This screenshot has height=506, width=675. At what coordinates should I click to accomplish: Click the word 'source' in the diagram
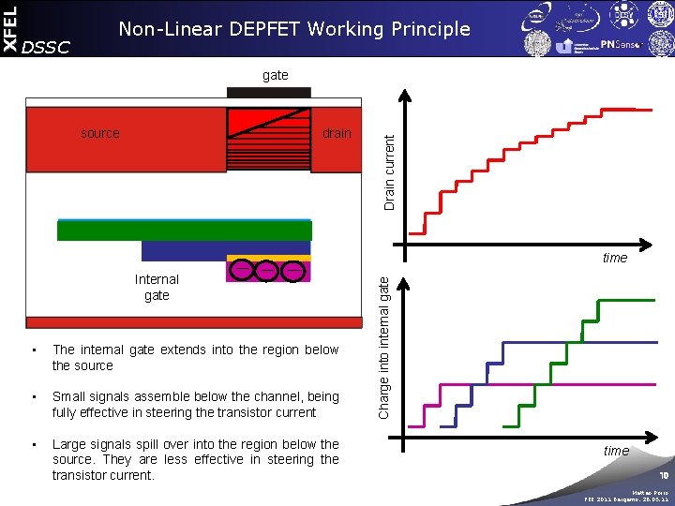tap(100, 133)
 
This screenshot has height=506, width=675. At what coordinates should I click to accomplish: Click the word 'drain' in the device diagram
tap(337, 133)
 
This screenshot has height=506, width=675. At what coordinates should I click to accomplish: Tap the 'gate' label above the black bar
tap(276, 75)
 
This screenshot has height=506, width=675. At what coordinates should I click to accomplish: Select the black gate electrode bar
tap(269, 93)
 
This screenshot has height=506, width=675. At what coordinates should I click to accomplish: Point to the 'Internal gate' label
tap(157, 287)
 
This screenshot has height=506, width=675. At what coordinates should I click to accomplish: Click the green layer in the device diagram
tap(185, 231)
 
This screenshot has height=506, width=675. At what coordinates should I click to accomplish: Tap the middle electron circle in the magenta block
tap(267, 271)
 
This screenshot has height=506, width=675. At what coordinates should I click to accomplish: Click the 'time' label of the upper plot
tap(615, 258)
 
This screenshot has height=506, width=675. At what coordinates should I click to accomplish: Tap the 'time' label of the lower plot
tap(616, 451)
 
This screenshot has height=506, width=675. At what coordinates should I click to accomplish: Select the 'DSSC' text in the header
tap(45, 47)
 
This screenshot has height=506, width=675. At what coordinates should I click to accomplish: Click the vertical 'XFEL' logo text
tap(9, 27)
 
